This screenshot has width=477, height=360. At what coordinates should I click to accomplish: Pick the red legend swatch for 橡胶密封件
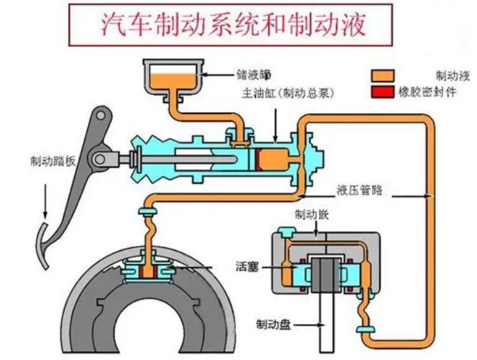[384, 91]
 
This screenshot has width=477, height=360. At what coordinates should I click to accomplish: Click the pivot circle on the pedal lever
[101, 159]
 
